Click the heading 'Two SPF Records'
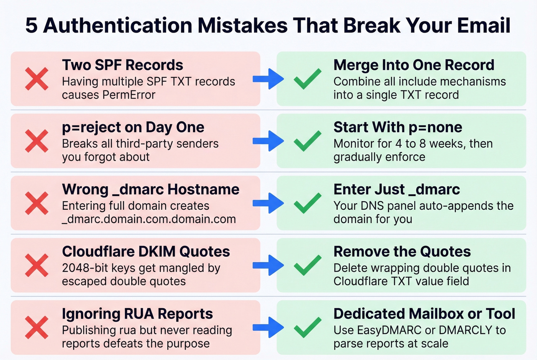click(x=122, y=65)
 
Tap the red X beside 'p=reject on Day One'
click(x=37, y=141)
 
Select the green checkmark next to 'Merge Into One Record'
click(x=307, y=79)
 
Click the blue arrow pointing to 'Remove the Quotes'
click(x=268, y=265)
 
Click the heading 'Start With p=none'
click(x=397, y=127)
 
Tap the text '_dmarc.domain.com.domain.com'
click(x=149, y=219)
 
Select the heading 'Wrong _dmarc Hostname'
click(x=150, y=189)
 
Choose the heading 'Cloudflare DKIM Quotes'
click(x=146, y=252)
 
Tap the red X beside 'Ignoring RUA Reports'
click(x=37, y=327)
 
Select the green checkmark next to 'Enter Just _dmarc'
click(x=307, y=203)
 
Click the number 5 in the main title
click(x=31, y=26)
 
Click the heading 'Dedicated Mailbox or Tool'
click(x=424, y=314)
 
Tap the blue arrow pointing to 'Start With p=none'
click(x=268, y=141)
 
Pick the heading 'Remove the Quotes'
click(x=402, y=252)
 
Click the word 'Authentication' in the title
click(x=118, y=26)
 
